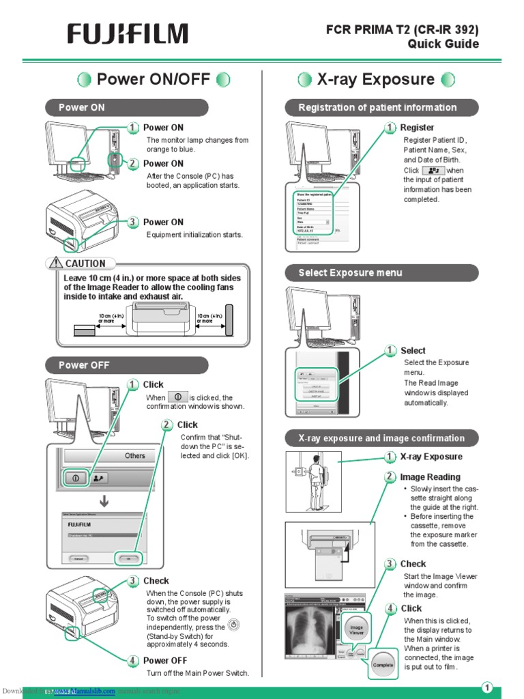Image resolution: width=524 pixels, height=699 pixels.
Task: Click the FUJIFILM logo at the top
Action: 127,34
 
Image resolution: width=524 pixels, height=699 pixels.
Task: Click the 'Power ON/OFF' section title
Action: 154,80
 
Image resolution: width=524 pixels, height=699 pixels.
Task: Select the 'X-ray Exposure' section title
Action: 376,80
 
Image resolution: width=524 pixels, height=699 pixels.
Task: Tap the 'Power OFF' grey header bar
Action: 126,365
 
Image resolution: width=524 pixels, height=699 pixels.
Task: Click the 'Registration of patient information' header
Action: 381,108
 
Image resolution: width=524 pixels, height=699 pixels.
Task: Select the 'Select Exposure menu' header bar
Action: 381,273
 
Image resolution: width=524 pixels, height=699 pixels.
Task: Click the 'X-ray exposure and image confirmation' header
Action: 381,438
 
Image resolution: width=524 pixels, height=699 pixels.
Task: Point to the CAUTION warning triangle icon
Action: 55,263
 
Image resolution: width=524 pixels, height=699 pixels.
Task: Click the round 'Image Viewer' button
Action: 357,629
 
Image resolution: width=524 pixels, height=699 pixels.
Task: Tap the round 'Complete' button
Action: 383,664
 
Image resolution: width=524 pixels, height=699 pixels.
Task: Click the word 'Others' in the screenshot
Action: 135,456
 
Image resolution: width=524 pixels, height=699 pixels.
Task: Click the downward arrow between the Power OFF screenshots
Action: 104,502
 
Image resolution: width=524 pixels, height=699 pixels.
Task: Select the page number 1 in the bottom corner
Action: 487,687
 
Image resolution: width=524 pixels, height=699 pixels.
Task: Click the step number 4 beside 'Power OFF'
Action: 133,660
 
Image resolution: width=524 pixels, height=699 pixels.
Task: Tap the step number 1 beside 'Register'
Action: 390,128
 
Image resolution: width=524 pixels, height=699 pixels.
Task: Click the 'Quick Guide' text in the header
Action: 443,44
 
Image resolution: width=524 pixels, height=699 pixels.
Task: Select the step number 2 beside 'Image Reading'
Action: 390,477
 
